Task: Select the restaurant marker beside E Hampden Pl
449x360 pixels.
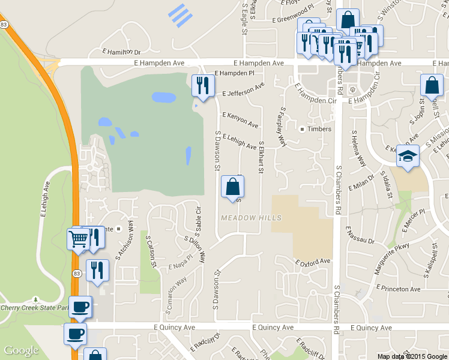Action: click(203, 85)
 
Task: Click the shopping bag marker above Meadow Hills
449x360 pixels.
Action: click(232, 187)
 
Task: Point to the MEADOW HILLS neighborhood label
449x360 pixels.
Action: click(247, 217)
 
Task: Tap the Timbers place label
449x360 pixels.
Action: click(319, 129)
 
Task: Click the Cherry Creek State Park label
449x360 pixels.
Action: click(31, 308)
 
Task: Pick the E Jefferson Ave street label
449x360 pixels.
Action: click(243, 91)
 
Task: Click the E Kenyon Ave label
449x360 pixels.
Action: click(240, 120)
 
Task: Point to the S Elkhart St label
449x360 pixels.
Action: click(261, 158)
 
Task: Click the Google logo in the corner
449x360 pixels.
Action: click(21, 351)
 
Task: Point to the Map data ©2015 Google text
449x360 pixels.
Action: click(412, 356)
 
